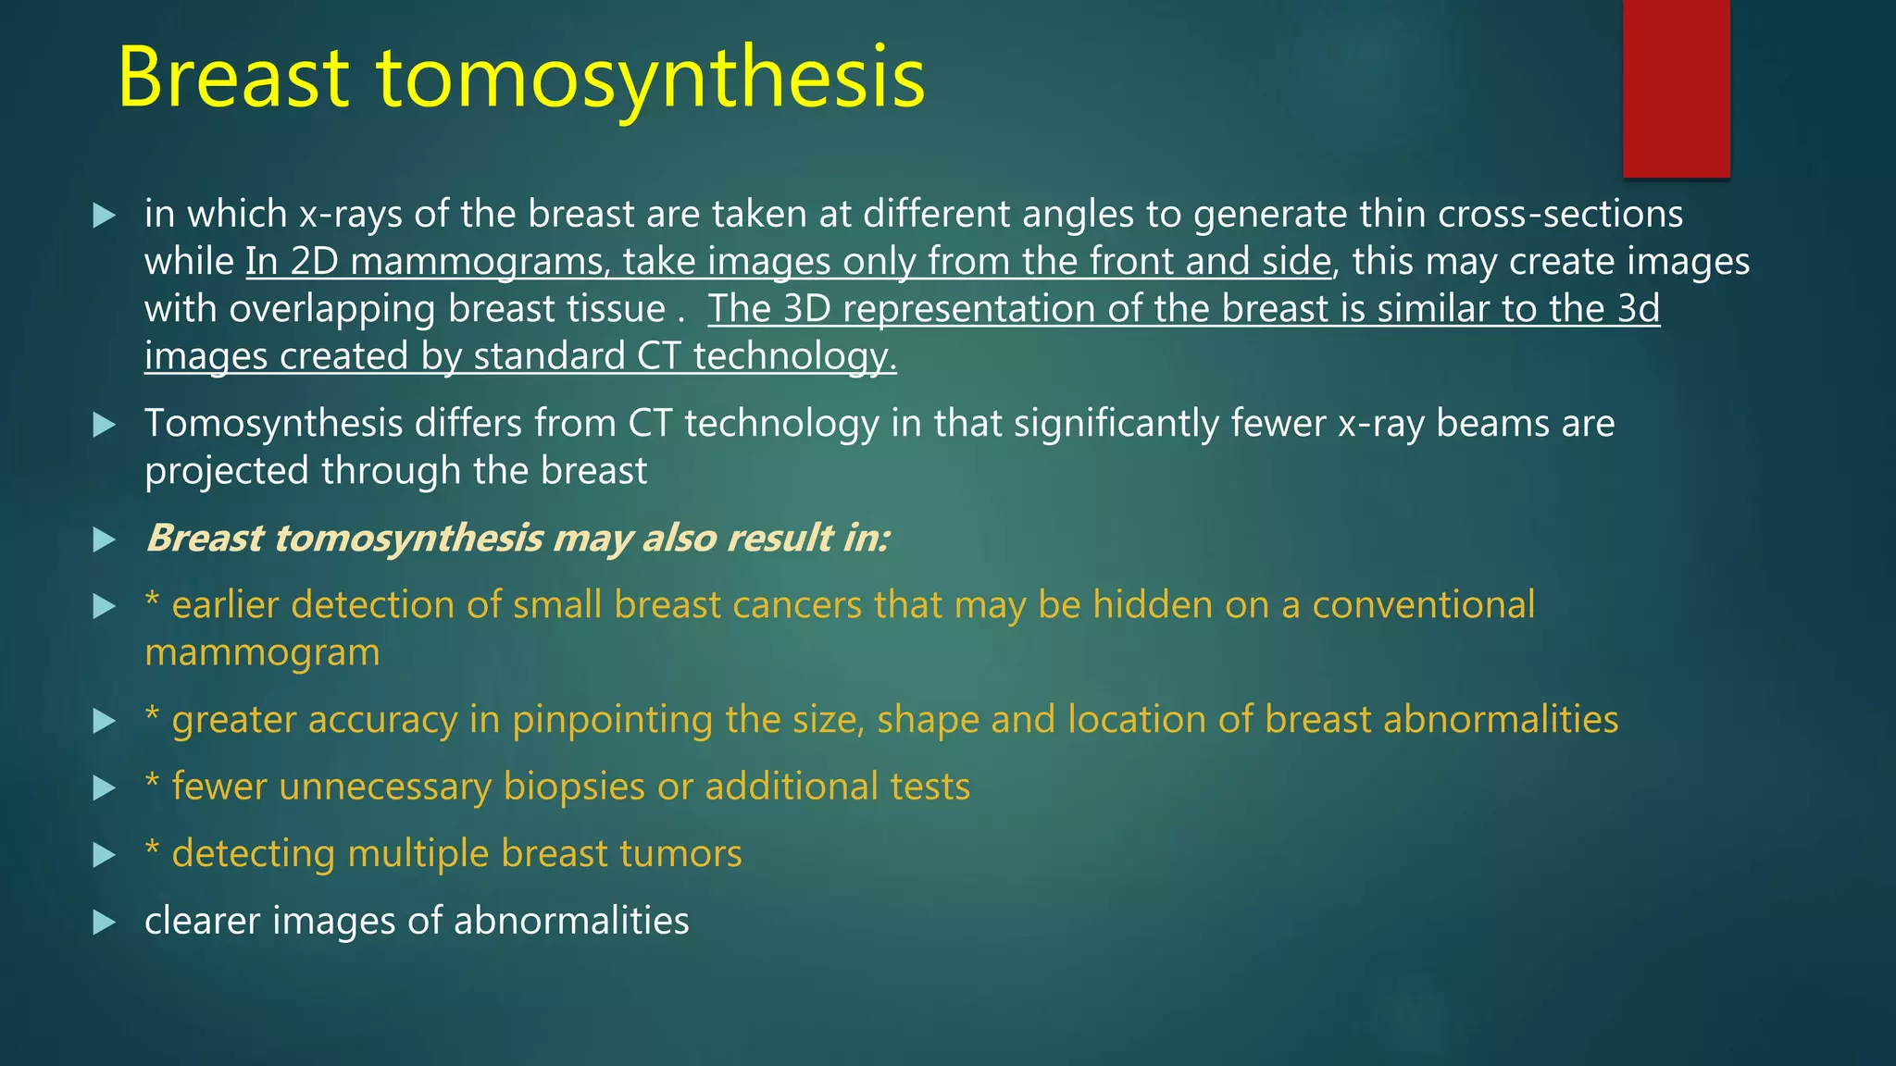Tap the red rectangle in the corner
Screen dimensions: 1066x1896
pyautogui.click(x=1676, y=88)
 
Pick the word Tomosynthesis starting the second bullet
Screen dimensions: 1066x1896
pyautogui.click(x=274, y=424)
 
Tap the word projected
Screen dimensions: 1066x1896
pyautogui.click(x=227, y=471)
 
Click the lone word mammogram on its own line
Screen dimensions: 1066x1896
pyautogui.click(x=262, y=653)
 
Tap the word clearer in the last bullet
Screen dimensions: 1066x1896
pyautogui.click(x=202, y=921)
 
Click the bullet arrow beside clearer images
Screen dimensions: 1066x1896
pyautogui.click(x=105, y=922)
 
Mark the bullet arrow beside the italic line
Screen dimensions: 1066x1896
pyautogui.click(x=105, y=539)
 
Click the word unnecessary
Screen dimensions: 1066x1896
pyautogui.click(x=384, y=787)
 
